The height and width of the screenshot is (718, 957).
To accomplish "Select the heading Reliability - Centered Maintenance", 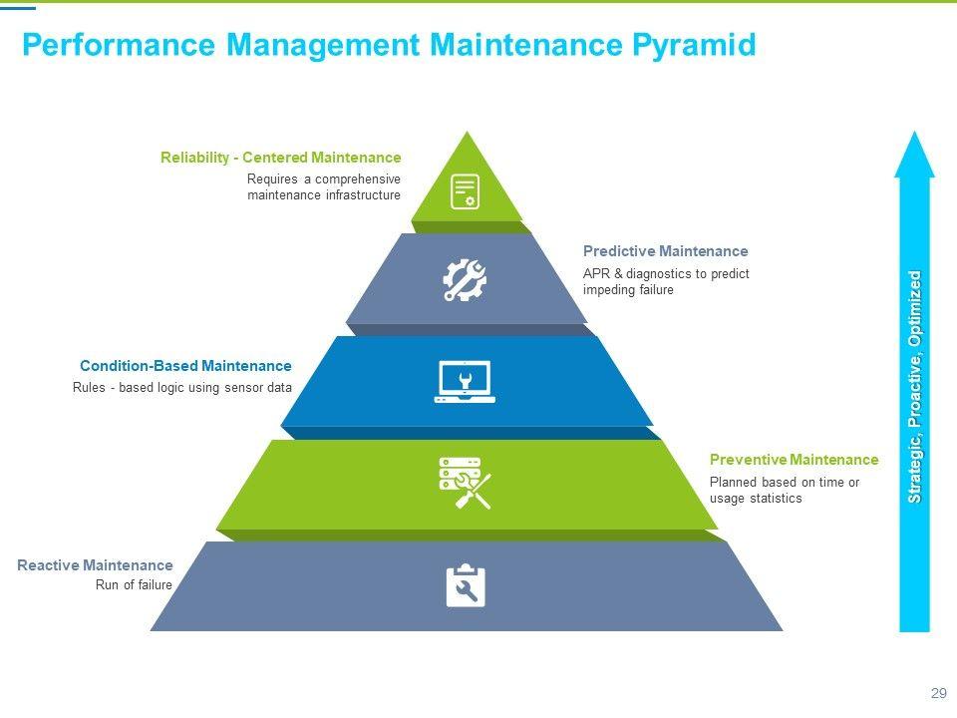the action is tap(280, 158).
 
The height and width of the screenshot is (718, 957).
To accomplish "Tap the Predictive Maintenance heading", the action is tap(665, 251).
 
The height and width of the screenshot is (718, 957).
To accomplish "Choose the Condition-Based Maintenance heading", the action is tap(185, 366).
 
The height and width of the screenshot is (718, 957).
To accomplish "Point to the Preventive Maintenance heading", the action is tap(794, 460).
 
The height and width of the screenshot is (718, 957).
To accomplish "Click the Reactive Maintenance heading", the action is tap(95, 565).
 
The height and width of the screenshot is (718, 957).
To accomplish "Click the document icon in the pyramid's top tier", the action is tap(465, 190).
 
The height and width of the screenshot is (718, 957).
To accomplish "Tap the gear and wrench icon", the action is tap(465, 280).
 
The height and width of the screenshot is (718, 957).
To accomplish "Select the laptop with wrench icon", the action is tap(465, 382).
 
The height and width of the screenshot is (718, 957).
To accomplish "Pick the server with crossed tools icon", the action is tap(465, 483).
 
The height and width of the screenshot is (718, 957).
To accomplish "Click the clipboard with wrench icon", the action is tap(466, 586).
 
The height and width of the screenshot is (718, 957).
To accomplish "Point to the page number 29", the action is tap(938, 694).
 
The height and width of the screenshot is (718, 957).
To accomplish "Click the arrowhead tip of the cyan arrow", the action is tap(915, 140).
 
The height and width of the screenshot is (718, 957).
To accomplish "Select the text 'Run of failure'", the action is tap(134, 585).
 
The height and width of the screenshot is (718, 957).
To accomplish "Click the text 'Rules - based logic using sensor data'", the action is tap(182, 388).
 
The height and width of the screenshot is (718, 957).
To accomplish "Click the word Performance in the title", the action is tap(118, 45).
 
